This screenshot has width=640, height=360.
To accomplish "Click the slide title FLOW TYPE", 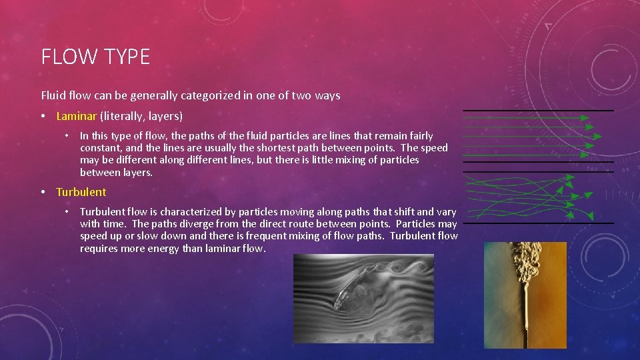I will pyautogui.click(x=95, y=57).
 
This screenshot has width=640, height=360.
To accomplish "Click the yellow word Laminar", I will pyautogui.click(x=77, y=116).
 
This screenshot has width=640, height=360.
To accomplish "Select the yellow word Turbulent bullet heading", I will pyautogui.click(x=81, y=192).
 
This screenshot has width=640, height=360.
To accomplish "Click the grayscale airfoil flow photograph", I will pyautogui.click(x=363, y=298).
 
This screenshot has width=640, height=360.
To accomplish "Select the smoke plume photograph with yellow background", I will pyautogui.click(x=525, y=295).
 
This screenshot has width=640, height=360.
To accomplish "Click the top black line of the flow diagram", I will pyautogui.click(x=538, y=110).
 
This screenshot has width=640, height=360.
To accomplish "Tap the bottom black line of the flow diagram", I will pyautogui.click(x=538, y=223).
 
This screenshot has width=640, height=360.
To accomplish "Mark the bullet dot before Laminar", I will pyautogui.click(x=42, y=117).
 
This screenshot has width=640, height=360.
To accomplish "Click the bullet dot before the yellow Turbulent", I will pyautogui.click(x=42, y=193).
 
